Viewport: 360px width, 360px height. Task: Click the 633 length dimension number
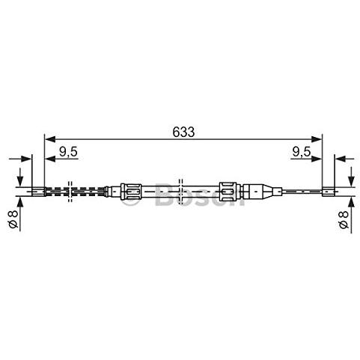click(183, 132)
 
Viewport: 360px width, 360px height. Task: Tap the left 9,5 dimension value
click(68, 152)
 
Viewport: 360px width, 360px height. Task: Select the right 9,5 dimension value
click(302, 152)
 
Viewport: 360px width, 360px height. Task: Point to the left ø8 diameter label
click(13, 219)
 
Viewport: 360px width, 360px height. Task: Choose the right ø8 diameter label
click(344, 219)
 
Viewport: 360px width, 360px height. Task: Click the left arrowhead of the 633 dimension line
click(49, 139)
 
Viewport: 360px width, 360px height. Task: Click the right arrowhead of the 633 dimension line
click(317, 139)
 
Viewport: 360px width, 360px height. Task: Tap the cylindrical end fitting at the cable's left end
click(38, 192)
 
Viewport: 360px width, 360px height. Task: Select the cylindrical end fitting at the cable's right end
click(328, 192)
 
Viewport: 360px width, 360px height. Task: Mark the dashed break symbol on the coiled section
click(70, 192)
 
